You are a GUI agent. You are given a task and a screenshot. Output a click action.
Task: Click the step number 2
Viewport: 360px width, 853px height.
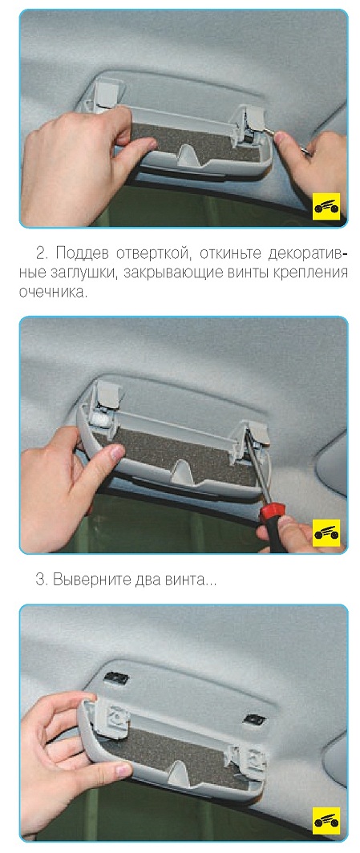(x=42, y=254)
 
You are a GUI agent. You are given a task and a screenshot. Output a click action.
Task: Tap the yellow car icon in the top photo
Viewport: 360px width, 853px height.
(x=326, y=206)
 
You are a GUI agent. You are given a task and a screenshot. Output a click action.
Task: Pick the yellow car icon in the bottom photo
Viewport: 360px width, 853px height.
(x=326, y=820)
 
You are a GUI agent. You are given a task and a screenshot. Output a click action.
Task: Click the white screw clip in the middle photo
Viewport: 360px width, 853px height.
(x=99, y=419)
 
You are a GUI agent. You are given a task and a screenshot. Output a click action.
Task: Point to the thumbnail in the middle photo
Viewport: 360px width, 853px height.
(x=115, y=453)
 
